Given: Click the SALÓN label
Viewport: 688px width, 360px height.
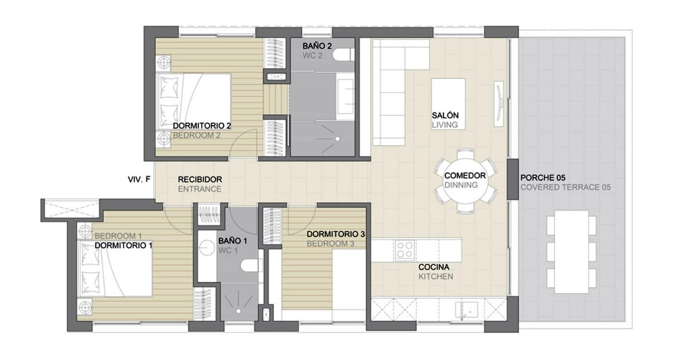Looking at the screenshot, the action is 445,115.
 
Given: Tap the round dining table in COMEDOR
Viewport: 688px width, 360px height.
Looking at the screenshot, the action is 466,181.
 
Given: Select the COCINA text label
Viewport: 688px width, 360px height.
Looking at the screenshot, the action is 433,267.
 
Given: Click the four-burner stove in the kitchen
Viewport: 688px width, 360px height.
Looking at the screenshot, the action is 405,250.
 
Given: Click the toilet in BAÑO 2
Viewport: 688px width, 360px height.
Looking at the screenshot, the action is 343,55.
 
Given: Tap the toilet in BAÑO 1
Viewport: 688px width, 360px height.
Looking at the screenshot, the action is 250,266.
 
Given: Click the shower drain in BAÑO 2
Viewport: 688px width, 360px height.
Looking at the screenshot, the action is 337,139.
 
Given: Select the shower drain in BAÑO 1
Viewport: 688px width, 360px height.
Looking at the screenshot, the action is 239,311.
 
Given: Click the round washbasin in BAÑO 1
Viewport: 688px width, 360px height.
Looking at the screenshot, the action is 207,248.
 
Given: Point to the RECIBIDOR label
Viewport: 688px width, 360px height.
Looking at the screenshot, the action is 200,179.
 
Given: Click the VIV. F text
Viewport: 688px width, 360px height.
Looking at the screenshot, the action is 139,179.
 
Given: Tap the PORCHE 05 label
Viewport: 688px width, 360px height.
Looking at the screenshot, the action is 543,178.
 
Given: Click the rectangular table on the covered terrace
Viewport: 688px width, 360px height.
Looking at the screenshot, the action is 571,252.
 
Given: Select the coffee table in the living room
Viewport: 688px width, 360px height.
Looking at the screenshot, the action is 448,104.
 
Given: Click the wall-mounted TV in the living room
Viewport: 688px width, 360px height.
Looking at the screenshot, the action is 499,104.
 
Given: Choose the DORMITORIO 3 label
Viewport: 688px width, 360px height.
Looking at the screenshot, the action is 336,234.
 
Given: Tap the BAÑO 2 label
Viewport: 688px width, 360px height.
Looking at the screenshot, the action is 317,46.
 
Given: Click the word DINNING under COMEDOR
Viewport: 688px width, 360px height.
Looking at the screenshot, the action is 461,185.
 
